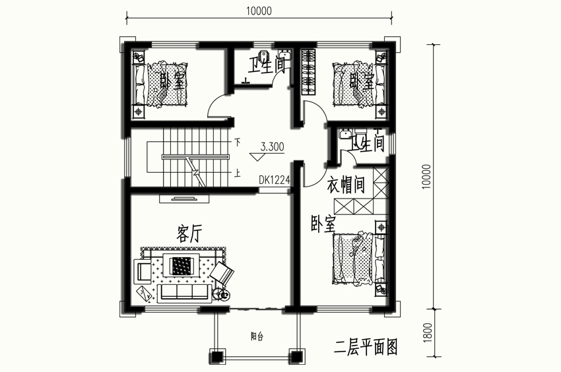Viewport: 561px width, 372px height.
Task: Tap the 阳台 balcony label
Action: click(x=257, y=336)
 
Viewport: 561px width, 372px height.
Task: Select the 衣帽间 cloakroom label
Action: click(x=346, y=185)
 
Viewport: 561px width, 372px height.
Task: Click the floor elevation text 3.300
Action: click(x=273, y=147)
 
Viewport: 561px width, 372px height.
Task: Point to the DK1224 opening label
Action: click(x=275, y=180)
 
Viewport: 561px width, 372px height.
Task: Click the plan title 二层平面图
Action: click(x=366, y=347)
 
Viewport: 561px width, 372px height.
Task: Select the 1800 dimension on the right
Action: click(x=428, y=332)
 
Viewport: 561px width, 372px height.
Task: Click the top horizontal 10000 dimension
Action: click(x=259, y=11)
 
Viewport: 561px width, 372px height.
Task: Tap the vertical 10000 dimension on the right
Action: click(x=427, y=177)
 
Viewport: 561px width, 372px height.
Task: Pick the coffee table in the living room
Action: click(x=181, y=265)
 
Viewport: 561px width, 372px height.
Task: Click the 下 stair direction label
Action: click(x=237, y=142)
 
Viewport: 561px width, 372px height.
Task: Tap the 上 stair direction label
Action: click(x=237, y=173)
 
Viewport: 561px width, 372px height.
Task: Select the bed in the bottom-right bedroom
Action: click(x=360, y=259)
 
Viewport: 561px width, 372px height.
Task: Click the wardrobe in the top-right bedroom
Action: click(x=308, y=72)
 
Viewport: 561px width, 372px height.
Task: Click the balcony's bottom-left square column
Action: click(x=217, y=357)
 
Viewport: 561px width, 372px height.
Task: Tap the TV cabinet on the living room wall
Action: click(x=184, y=199)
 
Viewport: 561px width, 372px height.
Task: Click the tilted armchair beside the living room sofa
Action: click(x=222, y=272)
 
